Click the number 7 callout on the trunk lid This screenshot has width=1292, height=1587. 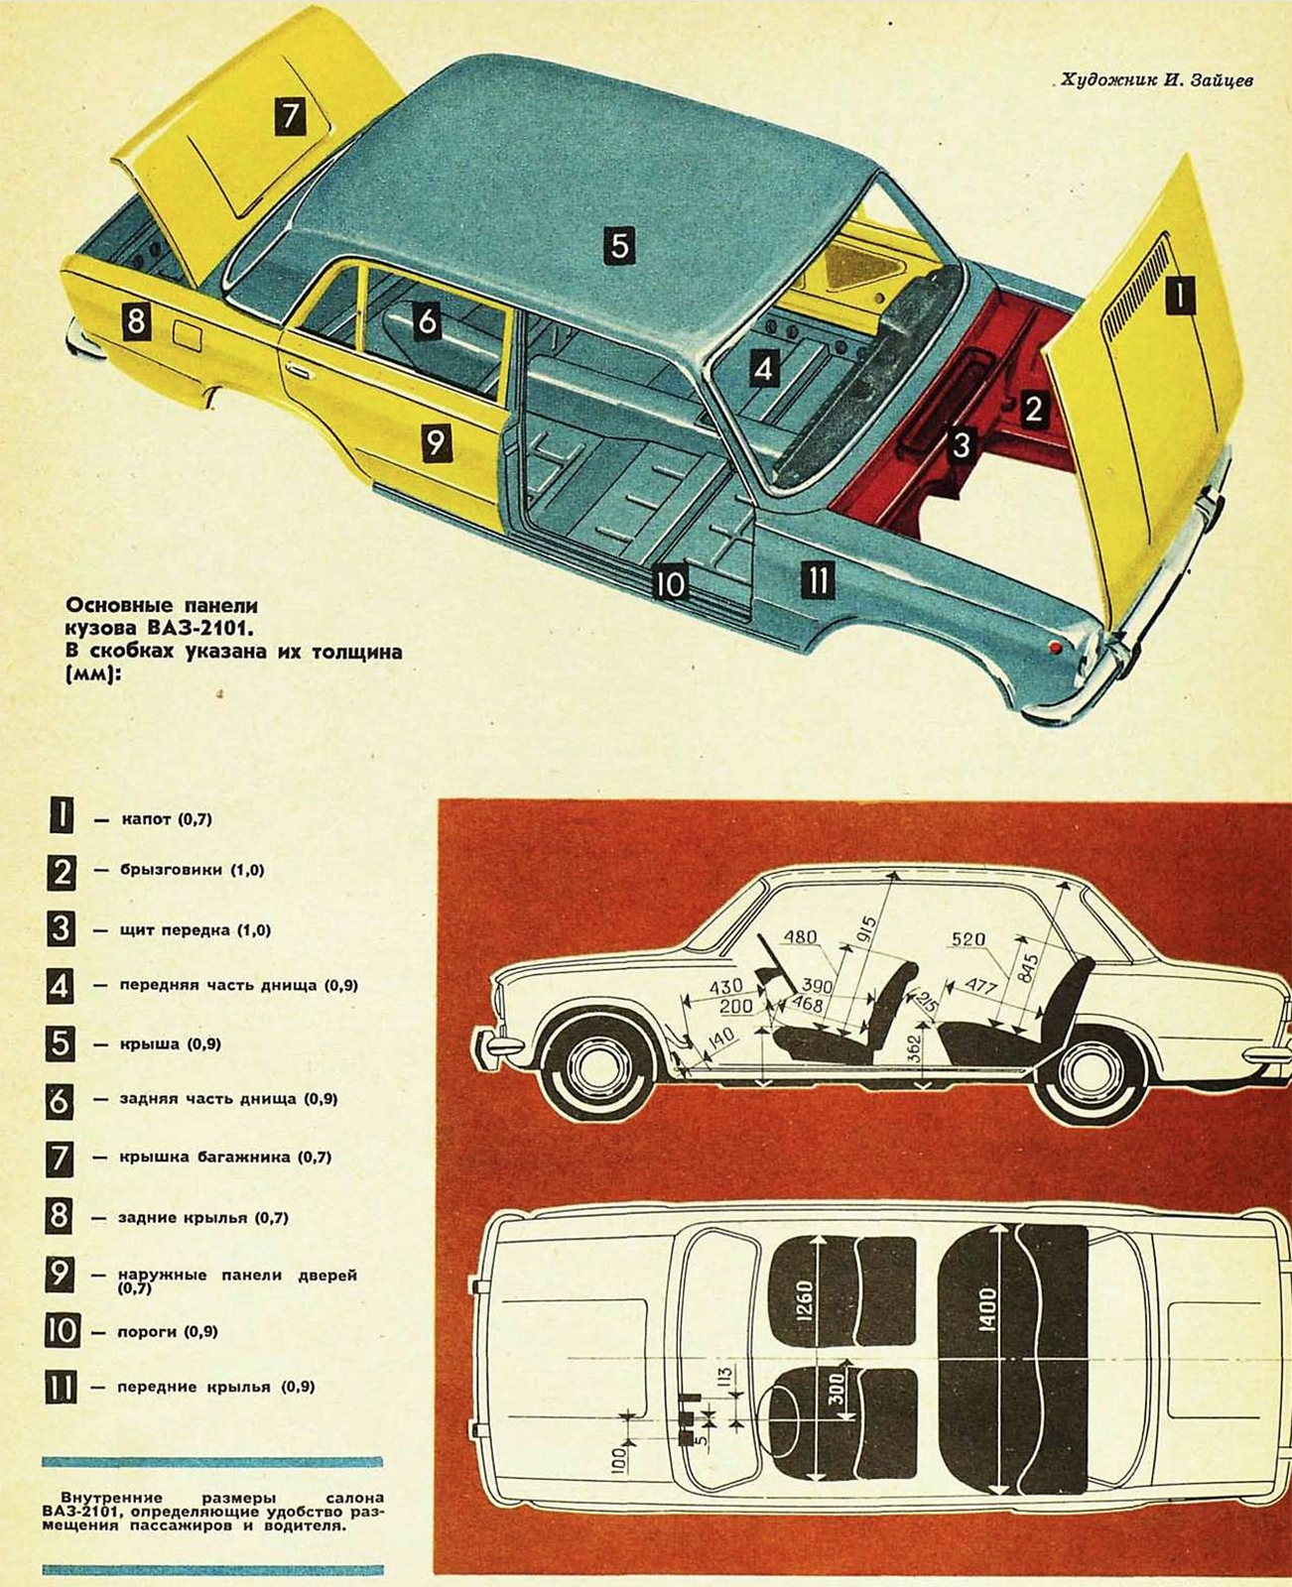[x=289, y=117]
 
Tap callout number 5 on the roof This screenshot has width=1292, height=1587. [x=619, y=244]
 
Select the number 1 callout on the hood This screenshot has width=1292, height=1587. [x=1179, y=295]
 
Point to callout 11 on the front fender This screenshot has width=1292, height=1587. [x=818, y=580]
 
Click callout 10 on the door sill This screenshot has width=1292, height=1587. [x=670, y=583]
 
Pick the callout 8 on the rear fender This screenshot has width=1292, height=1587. [x=136, y=321]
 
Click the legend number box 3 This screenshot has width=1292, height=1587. [x=61, y=929]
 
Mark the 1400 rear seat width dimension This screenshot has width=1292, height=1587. [x=986, y=1308]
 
